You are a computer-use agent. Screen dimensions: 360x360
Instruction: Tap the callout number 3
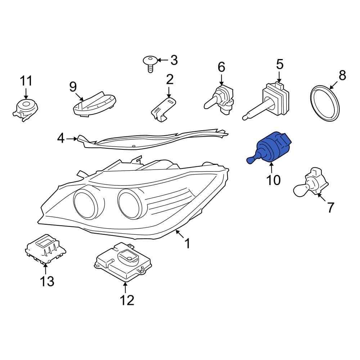(174, 60)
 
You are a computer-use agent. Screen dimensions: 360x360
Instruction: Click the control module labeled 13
(46, 249)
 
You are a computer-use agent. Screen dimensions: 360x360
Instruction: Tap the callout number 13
(47, 281)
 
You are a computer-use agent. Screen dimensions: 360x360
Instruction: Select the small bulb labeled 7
(311, 184)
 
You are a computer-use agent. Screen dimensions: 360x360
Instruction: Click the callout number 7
(330, 207)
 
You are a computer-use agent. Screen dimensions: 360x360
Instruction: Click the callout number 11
(26, 81)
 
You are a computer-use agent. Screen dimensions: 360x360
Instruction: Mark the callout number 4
(61, 138)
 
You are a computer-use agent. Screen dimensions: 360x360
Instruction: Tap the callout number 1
(187, 244)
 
